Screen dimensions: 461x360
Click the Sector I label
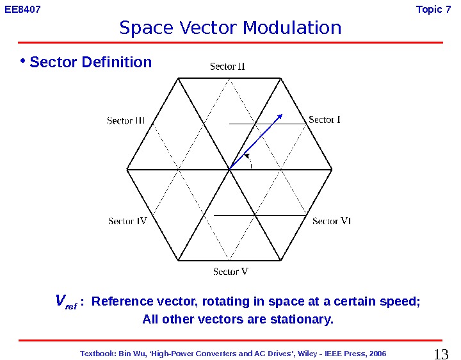click(x=325, y=120)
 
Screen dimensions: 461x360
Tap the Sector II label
click(x=228, y=67)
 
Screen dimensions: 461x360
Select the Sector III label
click(x=125, y=120)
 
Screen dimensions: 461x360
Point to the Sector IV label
click(x=127, y=221)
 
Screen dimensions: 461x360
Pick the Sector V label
click(x=230, y=272)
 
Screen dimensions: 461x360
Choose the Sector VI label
click(x=332, y=221)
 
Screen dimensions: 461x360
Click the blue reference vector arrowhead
click(x=280, y=117)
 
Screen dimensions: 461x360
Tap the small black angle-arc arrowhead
click(x=247, y=154)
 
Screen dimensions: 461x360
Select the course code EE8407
click(x=19, y=10)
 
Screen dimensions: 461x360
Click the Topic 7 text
click(x=433, y=10)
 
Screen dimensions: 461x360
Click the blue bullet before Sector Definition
click(x=22, y=61)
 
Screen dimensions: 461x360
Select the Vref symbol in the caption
click(x=65, y=302)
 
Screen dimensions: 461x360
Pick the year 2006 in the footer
click(x=377, y=353)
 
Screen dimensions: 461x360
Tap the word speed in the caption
click(x=402, y=302)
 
